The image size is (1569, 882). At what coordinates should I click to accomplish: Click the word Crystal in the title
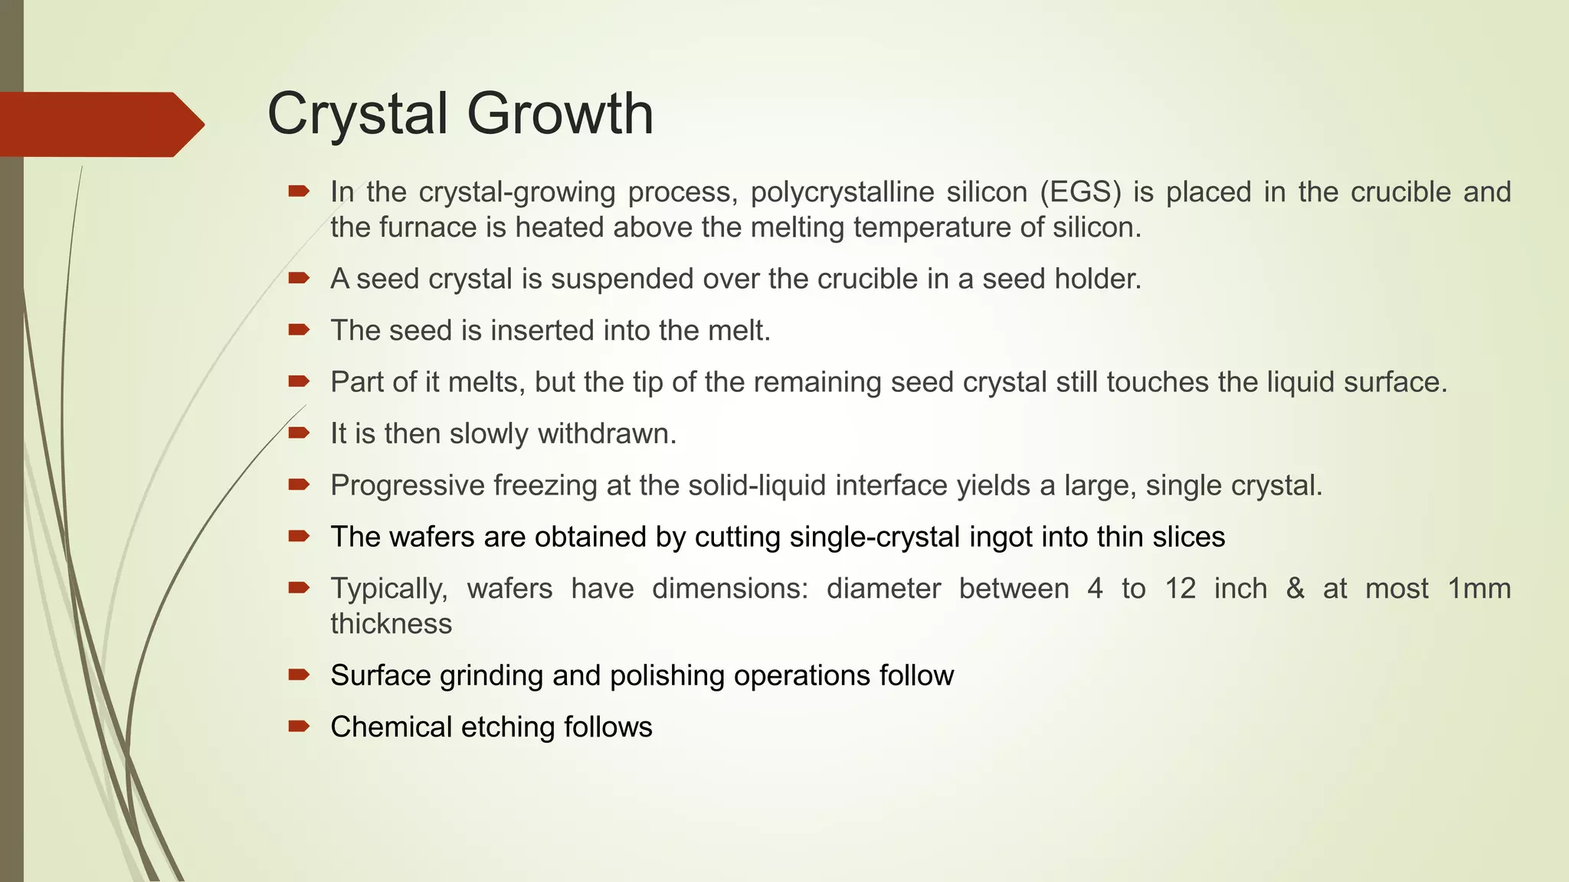pos(359,115)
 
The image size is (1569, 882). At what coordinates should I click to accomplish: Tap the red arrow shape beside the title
pos(100,124)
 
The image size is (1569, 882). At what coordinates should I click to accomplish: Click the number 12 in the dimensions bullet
pos(1181,589)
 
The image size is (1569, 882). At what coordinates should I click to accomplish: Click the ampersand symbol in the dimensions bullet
pos(1295,589)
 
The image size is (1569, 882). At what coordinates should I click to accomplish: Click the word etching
pos(507,727)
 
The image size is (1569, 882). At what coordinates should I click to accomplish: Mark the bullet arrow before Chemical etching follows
pos(298,726)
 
